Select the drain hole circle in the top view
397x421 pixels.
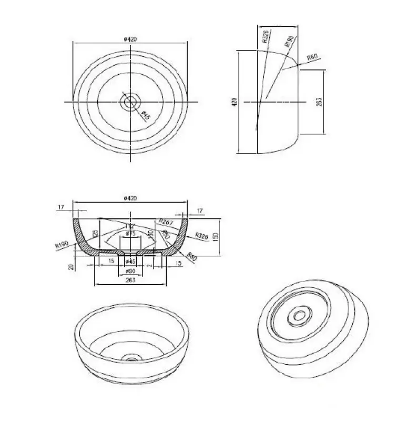[x=129, y=102]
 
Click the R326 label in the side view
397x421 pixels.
[x=265, y=38]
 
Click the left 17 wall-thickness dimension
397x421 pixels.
[x=61, y=208]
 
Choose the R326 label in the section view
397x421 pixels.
[x=201, y=236]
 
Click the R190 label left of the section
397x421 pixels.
[x=60, y=244]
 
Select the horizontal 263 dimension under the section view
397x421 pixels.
[x=130, y=280]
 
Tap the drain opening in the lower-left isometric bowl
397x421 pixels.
[x=130, y=358]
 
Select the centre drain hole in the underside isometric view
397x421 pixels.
[x=301, y=316]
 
